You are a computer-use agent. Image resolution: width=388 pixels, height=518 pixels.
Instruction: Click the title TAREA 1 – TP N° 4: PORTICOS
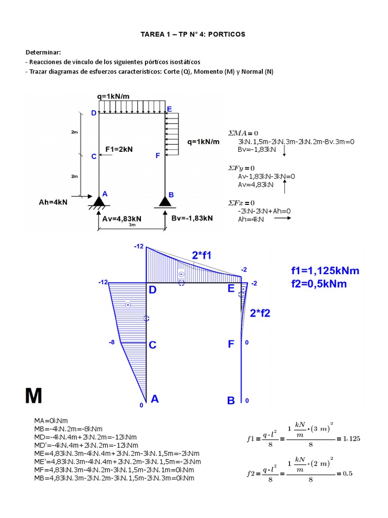(x=192, y=34)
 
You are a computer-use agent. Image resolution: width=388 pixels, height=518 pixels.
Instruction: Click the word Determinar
(x=43, y=53)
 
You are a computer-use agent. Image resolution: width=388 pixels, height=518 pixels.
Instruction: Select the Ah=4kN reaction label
(x=53, y=202)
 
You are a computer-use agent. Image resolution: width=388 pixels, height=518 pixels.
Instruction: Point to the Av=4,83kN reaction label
(x=122, y=219)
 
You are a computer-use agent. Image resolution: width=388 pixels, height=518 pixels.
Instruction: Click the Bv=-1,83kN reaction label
(x=192, y=219)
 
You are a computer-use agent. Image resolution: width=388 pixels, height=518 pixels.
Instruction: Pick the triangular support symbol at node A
(x=99, y=201)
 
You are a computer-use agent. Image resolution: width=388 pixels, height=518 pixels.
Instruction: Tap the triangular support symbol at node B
(x=165, y=201)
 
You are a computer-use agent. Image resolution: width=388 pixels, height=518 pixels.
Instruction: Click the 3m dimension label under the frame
(x=131, y=225)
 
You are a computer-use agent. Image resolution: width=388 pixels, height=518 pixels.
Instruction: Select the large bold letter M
(x=34, y=396)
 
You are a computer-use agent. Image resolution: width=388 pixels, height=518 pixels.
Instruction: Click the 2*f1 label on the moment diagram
(x=202, y=255)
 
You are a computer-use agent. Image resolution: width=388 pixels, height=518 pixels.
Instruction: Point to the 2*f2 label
(x=260, y=313)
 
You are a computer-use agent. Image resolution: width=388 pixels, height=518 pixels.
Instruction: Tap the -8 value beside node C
(x=112, y=342)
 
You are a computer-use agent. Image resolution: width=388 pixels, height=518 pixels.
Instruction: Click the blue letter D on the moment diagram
(x=152, y=290)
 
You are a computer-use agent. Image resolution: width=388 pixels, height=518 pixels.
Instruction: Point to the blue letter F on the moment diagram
(x=231, y=344)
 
